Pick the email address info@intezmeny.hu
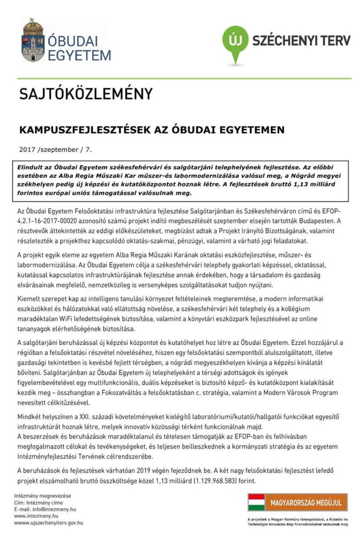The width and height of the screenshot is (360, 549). (45, 509)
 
